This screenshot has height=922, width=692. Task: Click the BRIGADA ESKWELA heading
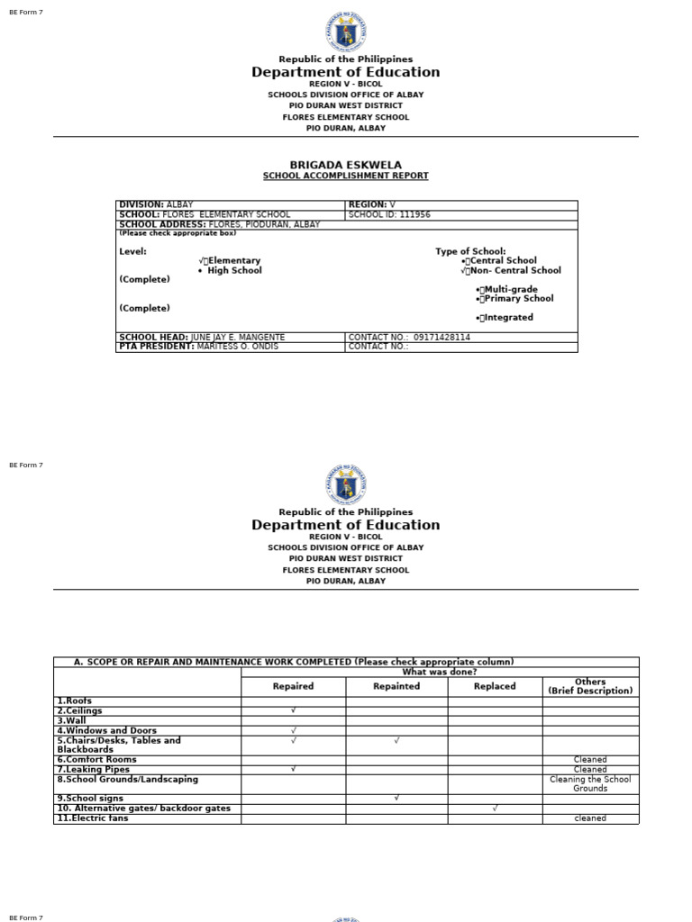click(x=345, y=165)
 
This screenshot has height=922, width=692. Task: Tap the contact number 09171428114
click(x=437, y=338)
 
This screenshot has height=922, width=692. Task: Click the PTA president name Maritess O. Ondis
click(x=237, y=347)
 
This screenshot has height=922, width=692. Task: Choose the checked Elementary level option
click(x=230, y=261)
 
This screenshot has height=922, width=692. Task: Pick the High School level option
click(x=233, y=270)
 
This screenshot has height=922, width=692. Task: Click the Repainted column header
click(x=396, y=686)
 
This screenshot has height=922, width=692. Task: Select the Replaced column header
click(x=495, y=686)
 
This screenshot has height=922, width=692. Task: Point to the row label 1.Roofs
click(x=75, y=701)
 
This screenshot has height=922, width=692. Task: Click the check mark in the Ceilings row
click(x=293, y=710)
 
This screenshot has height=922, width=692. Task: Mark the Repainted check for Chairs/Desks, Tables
click(x=396, y=740)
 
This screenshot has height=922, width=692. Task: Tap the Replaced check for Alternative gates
click(x=495, y=809)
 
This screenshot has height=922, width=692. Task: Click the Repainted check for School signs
click(x=396, y=799)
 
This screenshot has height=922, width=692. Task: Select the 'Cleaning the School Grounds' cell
click(x=590, y=784)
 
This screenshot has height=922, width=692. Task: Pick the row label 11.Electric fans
click(x=93, y=818)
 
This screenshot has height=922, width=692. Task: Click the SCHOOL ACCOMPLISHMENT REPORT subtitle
click(x=345, y=176)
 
